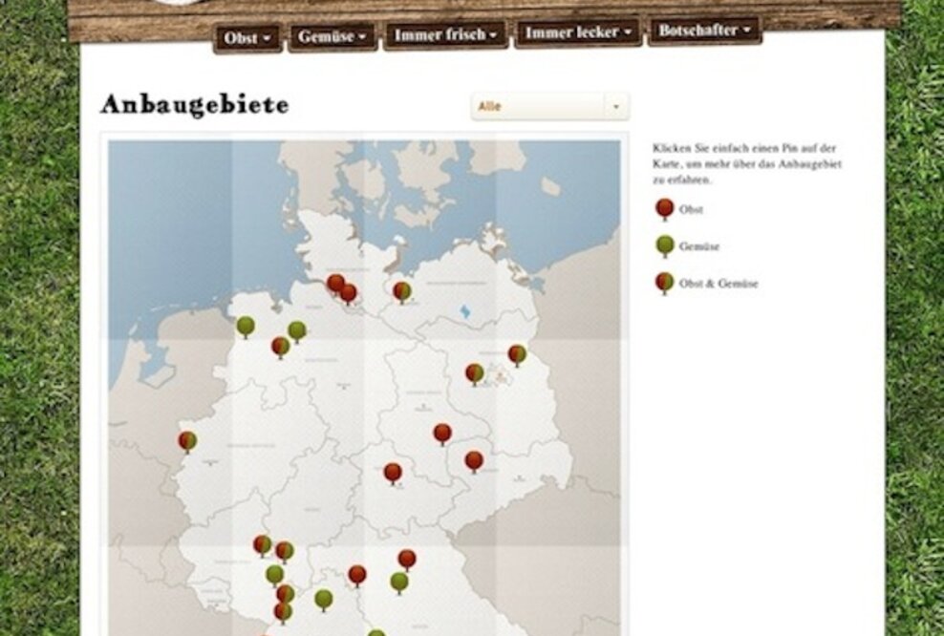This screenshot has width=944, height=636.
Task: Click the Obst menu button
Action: [x=247, y=38]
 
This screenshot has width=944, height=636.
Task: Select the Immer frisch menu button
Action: [x=444, y=36]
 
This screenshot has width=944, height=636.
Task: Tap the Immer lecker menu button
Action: [x=578, y=32]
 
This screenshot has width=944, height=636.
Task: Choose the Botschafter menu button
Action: [x=703, y=31]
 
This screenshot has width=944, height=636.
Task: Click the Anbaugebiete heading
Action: [x=194, y=105]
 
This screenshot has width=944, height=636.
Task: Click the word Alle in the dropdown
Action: [x=490, y=106]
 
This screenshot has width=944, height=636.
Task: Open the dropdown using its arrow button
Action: [x=616, y=106]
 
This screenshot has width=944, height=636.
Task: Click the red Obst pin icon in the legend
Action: [x=664, y=208]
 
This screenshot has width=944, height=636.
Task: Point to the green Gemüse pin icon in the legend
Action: [x=664, y=244]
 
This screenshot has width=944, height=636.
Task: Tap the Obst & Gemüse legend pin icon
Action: [x=664, y=282]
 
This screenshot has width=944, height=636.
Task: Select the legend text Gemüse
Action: [x=699, y=246]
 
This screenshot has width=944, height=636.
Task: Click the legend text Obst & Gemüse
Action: [x=719, y=284]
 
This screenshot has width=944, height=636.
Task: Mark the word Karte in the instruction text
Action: [x=667, y=164]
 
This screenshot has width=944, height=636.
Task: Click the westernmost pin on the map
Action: [x=187, y=440]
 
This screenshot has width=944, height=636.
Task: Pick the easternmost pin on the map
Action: [x=517, y=354]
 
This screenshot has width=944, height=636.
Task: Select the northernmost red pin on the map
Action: [x=335, y=283]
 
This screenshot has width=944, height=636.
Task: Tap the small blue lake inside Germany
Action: [x=465, y=311]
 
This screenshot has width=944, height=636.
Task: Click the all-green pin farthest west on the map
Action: [x=246, y=326]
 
